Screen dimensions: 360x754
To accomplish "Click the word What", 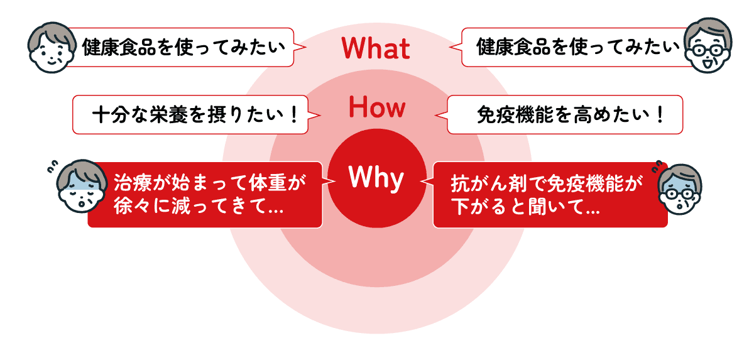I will coord(375,48).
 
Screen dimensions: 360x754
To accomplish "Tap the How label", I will coord(377,108).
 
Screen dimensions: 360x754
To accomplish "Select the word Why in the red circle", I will coord(376,178).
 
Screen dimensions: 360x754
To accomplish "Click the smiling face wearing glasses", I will coord(707,46).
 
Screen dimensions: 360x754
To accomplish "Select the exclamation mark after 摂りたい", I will coord(295,116).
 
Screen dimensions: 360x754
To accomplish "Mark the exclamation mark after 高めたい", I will coord(659,116).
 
